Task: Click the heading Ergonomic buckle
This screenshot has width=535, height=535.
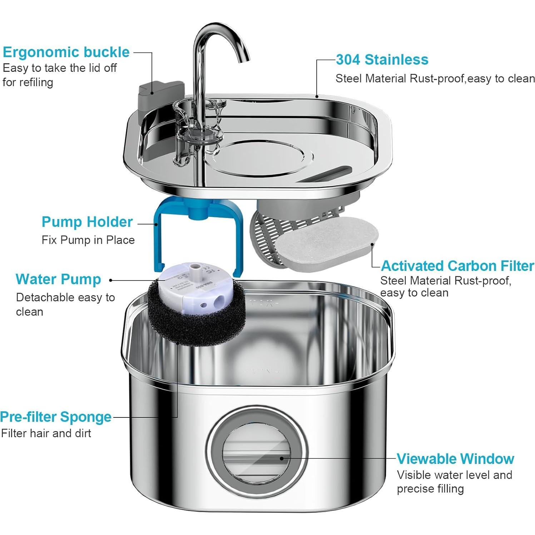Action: pos(66,52)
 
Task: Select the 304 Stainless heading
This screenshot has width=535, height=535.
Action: pos(382,60)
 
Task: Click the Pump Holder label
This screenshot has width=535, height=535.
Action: pos(87,222)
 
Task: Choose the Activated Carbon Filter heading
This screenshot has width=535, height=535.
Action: pos(457,266)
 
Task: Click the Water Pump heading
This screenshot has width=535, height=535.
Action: pos(58,279)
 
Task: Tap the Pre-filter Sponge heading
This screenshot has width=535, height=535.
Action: pos(56,417)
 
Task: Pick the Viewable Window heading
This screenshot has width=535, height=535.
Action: pos(455,459)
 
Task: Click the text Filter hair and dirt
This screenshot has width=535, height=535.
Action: pos(46,434)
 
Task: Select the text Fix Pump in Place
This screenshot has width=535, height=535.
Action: pos(88,240)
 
